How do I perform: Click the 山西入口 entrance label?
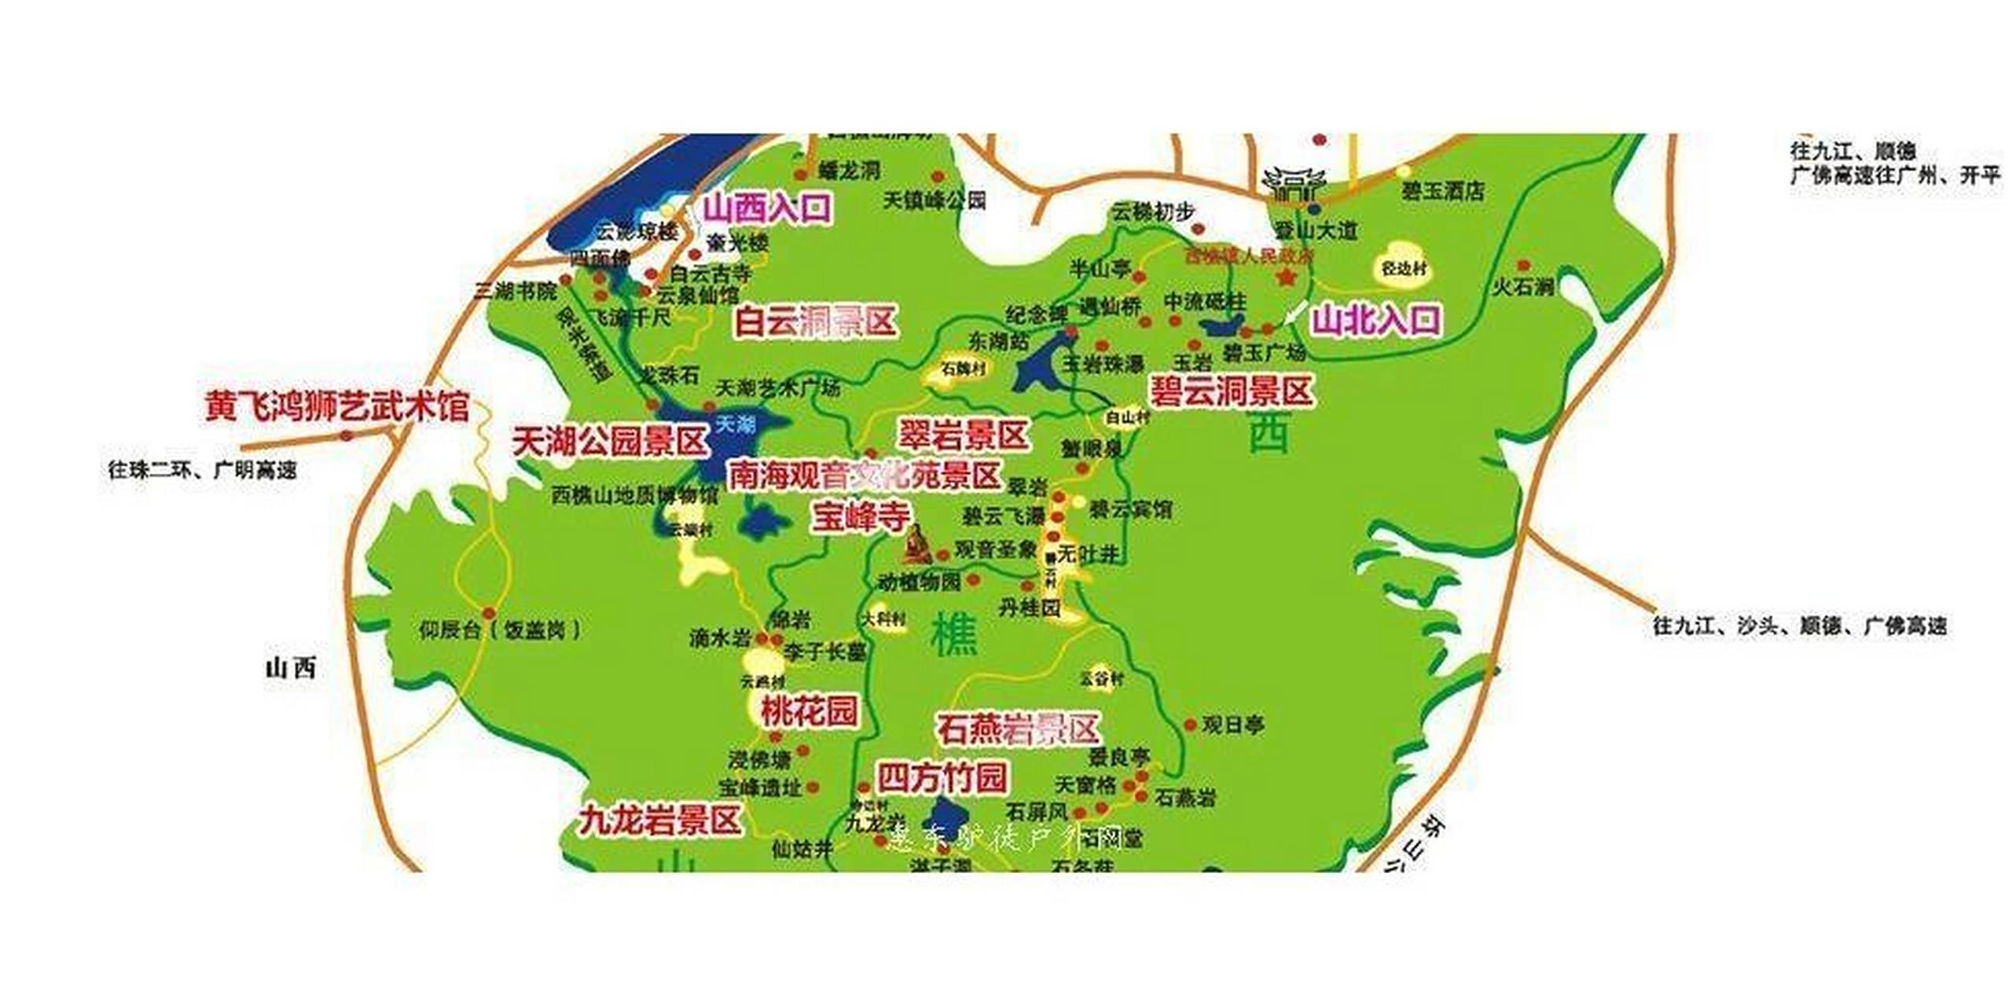pyautogui.click(x=766, y=209)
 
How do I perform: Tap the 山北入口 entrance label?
pyautogui.click(x=1376, y=320)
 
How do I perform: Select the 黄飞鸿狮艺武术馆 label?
pyautogui.click(x=337, y=407)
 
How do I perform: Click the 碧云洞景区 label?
pyautogui.click(x=1231, y=391)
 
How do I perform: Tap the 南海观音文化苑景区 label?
pyautogui.click(x=865, y=475)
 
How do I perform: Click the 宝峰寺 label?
pyautogui.click(x=861, y=516)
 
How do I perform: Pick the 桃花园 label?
pyautogui.click(x=809, y=712)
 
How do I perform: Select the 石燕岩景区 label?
pyautogui.click(x=1018, y=729)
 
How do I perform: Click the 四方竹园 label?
pyautogui.click(x=942, y=777)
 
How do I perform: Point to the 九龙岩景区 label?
pyautogui.click(x=660, y=820)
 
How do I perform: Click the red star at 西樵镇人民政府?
pyautogui.click(x=1287, y=277)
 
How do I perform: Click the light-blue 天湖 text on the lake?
pyautogui.click(x=735, y=424)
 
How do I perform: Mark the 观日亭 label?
pyautogui.click(x=1233, y=725)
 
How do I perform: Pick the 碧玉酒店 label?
pyautogui.click(x=1442, y=191)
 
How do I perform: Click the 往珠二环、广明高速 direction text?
pyautogui.click(x=203, y=470)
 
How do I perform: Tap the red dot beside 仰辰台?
pyautogui.click(x=489, y=613)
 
